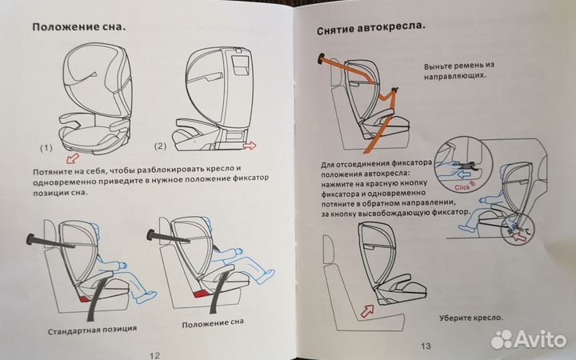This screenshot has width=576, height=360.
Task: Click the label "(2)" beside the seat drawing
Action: (159, 146)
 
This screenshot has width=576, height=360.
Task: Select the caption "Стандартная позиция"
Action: (91, 329)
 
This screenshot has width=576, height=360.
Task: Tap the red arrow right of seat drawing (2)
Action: (250, 145)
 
